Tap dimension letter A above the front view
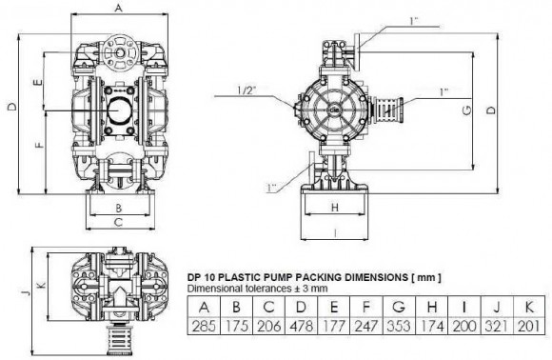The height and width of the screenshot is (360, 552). coord(118,8)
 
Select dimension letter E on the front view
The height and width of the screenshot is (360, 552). coord(36,83)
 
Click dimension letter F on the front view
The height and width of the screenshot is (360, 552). coord(36,148)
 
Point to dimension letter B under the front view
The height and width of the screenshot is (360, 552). coord(118,207)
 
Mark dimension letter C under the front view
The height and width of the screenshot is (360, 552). coord(118,223)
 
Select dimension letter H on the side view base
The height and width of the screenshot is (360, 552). coord(336,207)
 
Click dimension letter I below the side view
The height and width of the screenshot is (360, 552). coord(336,231)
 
